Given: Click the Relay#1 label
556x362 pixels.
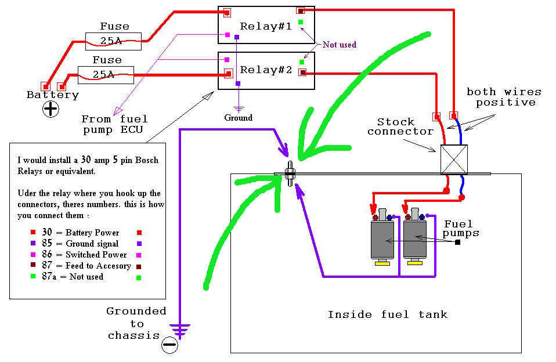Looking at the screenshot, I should (x=266, y=26).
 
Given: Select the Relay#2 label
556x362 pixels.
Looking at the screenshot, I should (x=266, y=70).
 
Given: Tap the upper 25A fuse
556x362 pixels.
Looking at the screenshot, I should (x=111, y=39).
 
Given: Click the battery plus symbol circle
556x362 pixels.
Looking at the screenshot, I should (x=51, y=108).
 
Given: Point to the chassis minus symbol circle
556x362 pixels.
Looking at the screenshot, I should (x=169, y=345).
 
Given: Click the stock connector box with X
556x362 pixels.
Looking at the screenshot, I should (x=453, y=159).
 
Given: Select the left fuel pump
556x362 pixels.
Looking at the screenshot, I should (x=382, y=238).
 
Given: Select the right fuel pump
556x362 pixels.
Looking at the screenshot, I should (x=415, y=238).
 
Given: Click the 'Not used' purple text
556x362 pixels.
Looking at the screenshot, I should (x=340, y=45).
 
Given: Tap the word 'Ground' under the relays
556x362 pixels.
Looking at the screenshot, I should (x=238, y=118).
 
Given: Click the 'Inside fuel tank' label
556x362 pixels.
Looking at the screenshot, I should (x=387, y=314).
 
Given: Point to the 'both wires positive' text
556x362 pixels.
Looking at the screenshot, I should (x=504, y=97).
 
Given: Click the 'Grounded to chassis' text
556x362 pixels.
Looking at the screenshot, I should (x=136, y=324).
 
